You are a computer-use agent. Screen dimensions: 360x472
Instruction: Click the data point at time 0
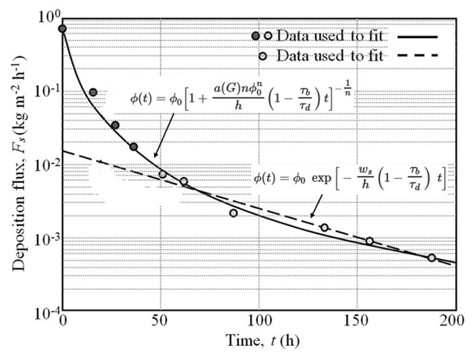tap(63, 28)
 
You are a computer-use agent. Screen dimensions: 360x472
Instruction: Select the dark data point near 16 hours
tap(93, 92)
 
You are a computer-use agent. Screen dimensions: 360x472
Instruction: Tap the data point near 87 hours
tap(233, 213)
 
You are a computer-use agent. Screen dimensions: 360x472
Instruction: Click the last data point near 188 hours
tap(432, 258)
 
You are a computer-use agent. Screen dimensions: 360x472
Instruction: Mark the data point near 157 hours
tap(370, 241)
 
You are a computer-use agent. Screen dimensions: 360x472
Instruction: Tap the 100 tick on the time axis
tap(259, 322)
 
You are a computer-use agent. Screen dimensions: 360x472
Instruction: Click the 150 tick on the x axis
tap(358, 322)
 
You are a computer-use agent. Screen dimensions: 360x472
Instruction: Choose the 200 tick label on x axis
tap(455, 322)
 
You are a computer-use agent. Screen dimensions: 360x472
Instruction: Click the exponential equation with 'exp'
tap(350, 179)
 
